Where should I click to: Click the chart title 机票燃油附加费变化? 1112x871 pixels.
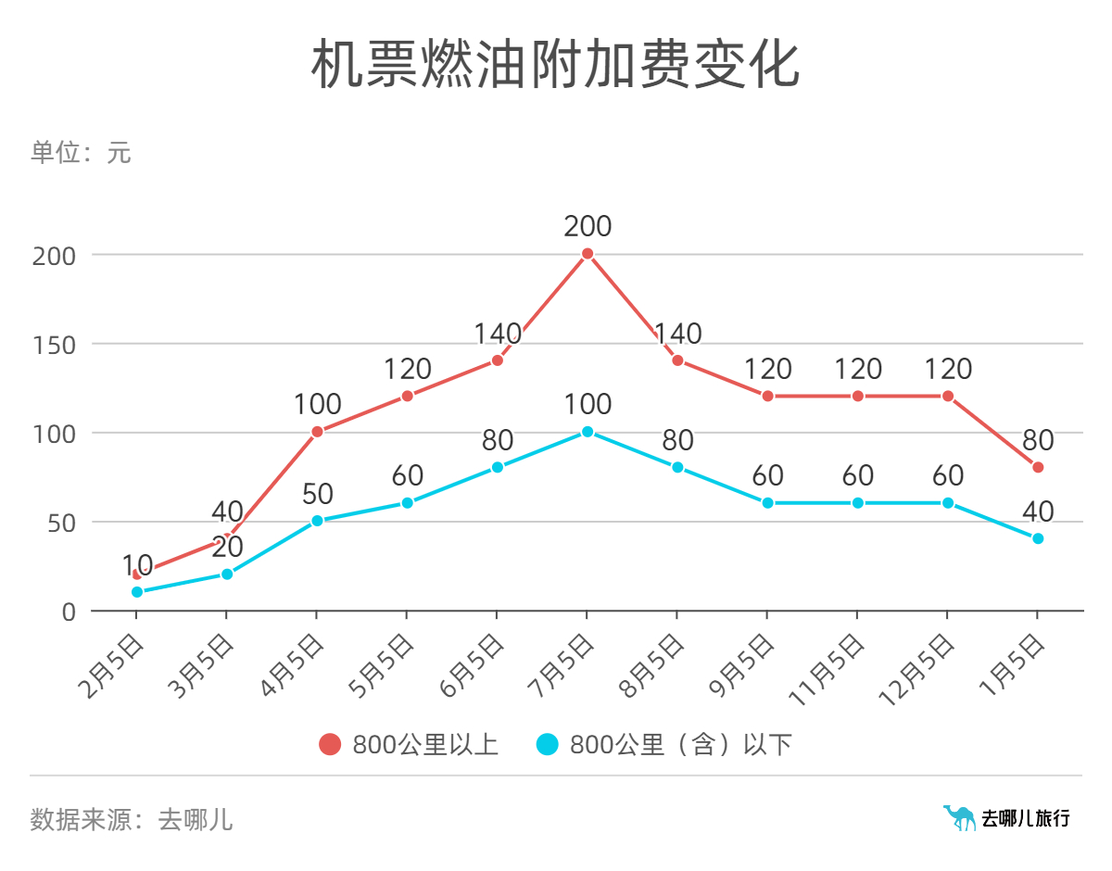(x=554, y=65)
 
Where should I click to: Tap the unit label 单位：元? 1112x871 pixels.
(x=81, y=152)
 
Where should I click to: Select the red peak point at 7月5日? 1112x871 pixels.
(x=588, y=254)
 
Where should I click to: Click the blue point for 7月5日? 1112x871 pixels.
(x=588, y=432)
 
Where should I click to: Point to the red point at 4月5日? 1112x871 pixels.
(x=317, y=432)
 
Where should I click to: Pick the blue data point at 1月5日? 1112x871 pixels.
(x=1038, y=538)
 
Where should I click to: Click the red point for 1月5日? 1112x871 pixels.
(x=1038, y=467)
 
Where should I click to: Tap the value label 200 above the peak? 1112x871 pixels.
(x=588, y=226)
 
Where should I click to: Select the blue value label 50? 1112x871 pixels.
(x=317, y=494)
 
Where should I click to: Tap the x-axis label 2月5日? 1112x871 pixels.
(x=113, y=665)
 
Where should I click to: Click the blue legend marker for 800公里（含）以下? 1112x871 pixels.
(x=548, y=744)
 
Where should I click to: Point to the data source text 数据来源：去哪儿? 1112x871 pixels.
(x=131, y=819)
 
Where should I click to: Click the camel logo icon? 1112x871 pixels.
(x=959, y=817)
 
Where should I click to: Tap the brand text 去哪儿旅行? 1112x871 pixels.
(x=1026, y=818)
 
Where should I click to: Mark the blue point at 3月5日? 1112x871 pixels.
(x=227, y=574)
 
